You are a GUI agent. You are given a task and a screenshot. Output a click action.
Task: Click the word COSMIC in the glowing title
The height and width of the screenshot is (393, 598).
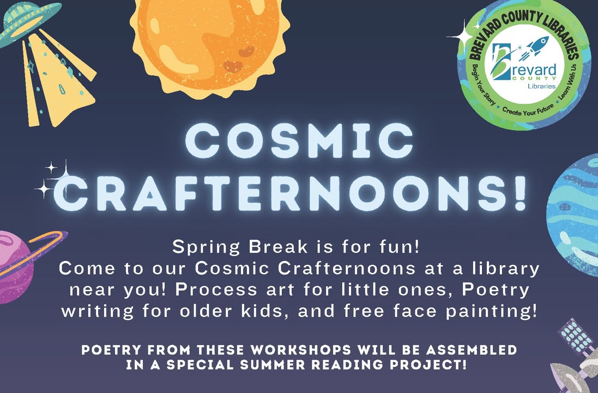299,140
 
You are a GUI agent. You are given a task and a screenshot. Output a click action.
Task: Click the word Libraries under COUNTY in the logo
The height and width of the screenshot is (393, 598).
541,86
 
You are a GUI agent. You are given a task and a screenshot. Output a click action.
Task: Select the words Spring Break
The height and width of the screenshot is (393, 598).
240,247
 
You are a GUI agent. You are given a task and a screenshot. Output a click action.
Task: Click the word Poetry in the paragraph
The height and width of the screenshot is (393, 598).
496,290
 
